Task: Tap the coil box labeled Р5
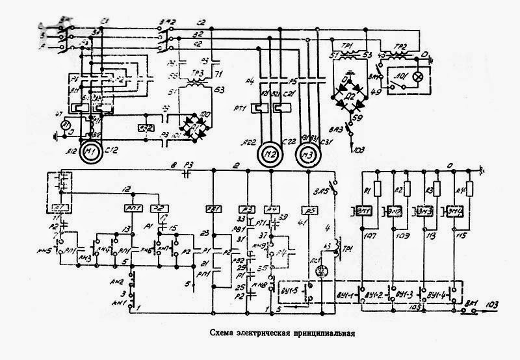(x=310, y=209)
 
